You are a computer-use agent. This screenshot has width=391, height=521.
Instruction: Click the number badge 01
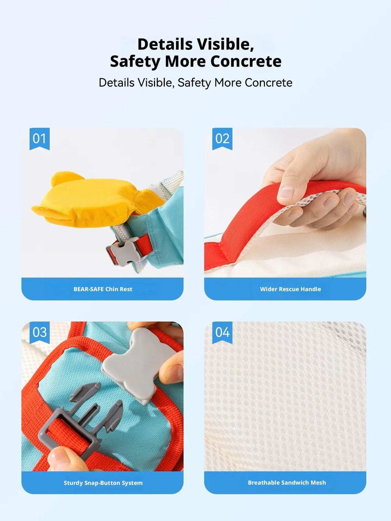click(39, 139)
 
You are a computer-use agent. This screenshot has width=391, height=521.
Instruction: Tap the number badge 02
click(222, 139)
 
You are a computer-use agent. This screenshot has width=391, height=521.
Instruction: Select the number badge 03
click(39, 332)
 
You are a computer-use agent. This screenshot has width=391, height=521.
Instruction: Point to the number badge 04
click(222, 332)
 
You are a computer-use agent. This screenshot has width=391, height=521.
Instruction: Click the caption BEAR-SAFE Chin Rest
click(103, 289)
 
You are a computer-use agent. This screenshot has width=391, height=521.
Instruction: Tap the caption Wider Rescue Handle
click(290, 289)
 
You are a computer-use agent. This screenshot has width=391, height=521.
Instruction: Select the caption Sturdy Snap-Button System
click(103, 483)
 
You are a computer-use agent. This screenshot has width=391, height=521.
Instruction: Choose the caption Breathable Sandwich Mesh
click(287, 483)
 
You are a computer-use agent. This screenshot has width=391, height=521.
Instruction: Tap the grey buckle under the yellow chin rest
click(124, 252)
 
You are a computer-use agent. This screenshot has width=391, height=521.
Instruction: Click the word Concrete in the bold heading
click(246, 61)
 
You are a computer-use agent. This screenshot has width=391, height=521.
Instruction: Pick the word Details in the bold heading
click(165, 44)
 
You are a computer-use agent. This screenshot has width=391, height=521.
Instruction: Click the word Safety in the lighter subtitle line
click(194, 83)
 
